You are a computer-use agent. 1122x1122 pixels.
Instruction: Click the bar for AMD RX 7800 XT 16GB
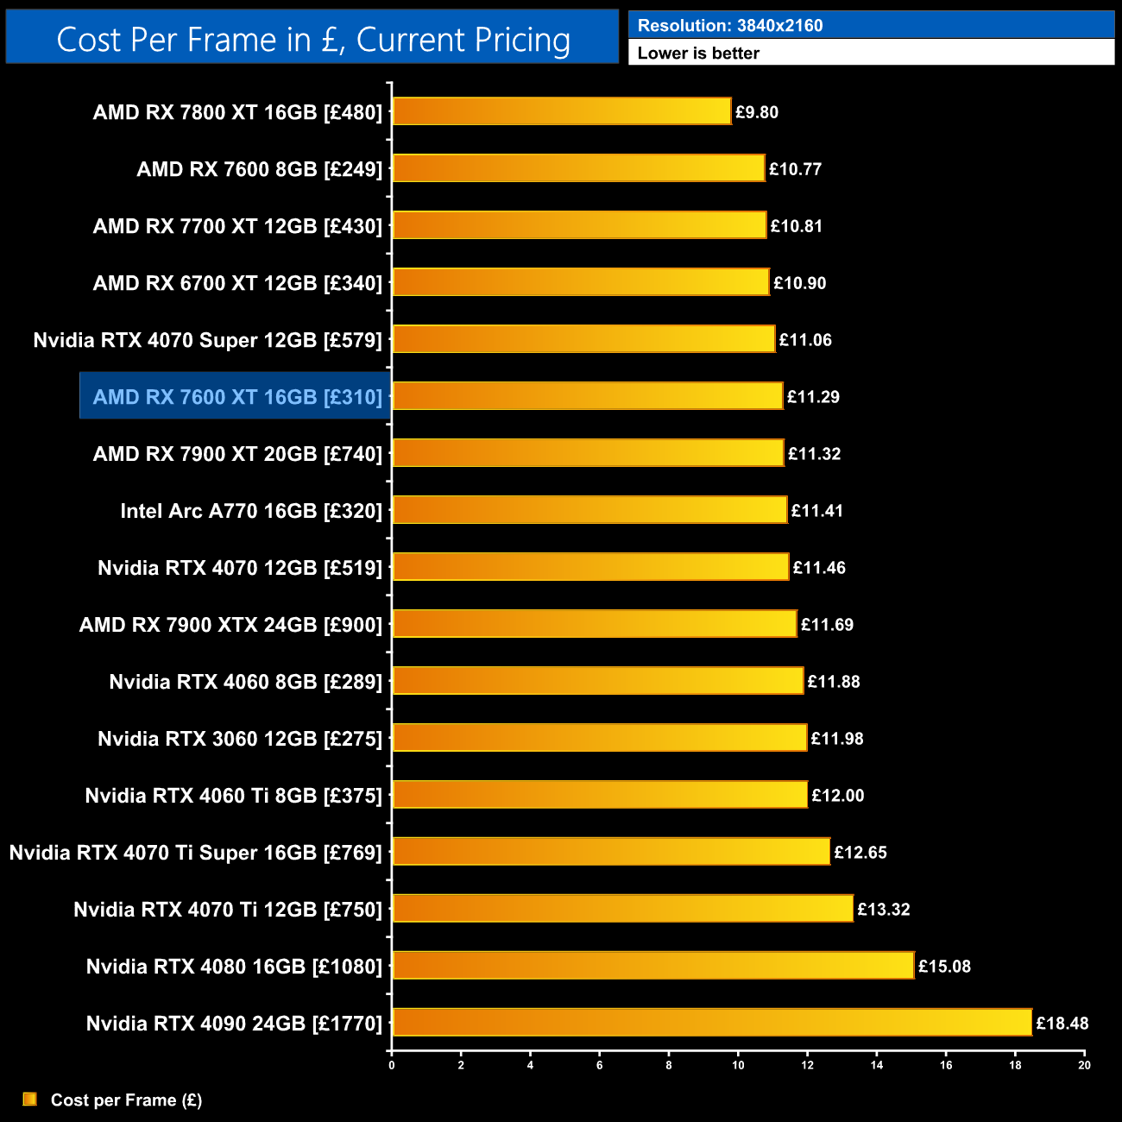pyautogui.click(x=561, y=111)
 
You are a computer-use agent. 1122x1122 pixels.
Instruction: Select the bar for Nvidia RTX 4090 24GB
pyautogui.click(x=712, y=1023)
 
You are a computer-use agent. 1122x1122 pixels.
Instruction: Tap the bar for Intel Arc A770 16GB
pyautogui.click(x=589, y=510)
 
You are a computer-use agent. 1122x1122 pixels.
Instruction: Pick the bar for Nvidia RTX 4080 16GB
pyautogui.click(x=652, y=966)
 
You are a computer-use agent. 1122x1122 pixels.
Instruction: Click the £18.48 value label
pyautogui.click(x=1062, y=1024)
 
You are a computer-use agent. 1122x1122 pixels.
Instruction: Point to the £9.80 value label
pyautogui.click(x=756, y=112)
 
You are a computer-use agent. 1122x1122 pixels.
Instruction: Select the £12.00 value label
pyautogui.click(x=837, y=796)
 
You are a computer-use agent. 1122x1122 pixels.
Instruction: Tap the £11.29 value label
pyautogui.click(x=813, y=397)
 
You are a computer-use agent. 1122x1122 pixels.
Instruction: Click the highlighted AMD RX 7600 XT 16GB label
pyautogui.click(x=236, y=397)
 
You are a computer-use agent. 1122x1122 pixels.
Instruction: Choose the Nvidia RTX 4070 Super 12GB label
pyautogui.click(x=207, y=340)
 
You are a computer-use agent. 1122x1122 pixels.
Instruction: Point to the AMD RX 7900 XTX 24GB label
pyautogui.click(x=230, y=625)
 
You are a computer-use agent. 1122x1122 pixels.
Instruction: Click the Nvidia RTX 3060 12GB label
pyautogui.click(x=239, y=739)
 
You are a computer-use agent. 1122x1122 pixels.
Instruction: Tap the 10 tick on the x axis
pyautogui.click(x=738, y=1065)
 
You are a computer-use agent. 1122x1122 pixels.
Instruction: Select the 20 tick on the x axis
pyautogui.click(x=1084, y=1065)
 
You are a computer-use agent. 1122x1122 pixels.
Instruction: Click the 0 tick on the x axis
pyautogui.click(x=392, y=1065)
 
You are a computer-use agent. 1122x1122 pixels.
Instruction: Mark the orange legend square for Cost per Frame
pyautogui.click(x=29, y=1099)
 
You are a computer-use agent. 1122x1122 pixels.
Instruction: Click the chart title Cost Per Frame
pyautogui.click(x=312, y=39)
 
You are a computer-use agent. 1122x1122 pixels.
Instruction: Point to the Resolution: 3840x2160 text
pyautogui.click(x=729, y=26)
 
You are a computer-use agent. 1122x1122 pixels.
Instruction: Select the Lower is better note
pyautogui.click(x=698, y=54)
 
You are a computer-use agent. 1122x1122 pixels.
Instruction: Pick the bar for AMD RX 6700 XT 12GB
pyautogui.click(x=580, y=282)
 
